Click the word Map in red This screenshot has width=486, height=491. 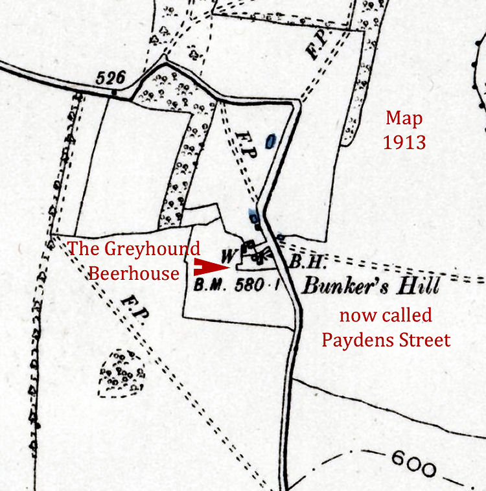[x=404, y=119]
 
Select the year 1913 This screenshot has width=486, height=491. [x=404, y=142]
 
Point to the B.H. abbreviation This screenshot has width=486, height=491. [x=304, y=263]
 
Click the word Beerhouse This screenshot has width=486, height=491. [x=134, y=273]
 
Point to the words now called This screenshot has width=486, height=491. [x=386, y=315]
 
